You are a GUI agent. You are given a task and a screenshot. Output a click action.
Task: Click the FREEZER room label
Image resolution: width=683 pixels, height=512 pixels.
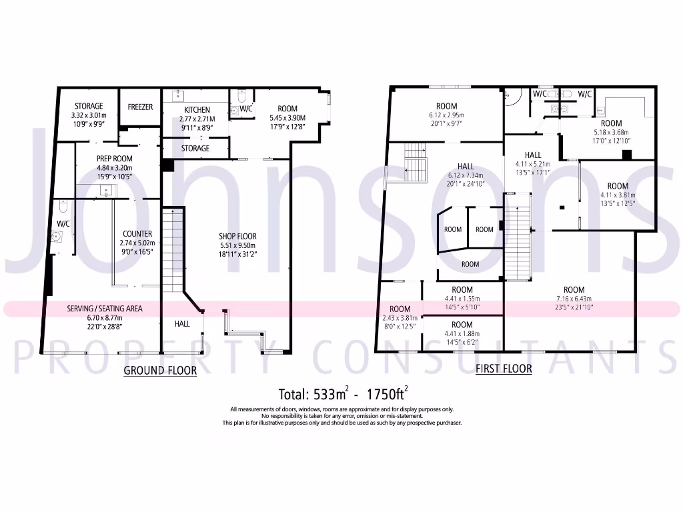[x=140, y=107]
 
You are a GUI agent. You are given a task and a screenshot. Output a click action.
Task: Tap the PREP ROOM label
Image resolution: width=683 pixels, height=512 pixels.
[x=114, y=159]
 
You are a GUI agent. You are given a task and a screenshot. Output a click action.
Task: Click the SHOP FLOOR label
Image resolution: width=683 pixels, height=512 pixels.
[x=237, y=236]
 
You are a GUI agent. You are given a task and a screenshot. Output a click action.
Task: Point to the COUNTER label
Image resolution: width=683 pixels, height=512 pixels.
[x=136, y=234]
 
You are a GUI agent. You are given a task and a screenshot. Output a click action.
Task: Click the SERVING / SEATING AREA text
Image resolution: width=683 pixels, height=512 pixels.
[x=104, y=309]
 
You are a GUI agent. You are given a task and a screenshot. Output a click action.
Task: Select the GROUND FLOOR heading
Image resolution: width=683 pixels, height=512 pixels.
[x=160, y=371]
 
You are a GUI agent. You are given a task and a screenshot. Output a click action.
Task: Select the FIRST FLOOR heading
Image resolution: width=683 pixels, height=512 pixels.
[x=504, y=369]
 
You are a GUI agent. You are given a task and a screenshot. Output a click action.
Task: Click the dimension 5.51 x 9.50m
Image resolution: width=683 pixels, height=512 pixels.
[x=237, y=245]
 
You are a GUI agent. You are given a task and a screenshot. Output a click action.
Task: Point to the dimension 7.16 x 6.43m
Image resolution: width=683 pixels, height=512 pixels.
[x=574, y=299]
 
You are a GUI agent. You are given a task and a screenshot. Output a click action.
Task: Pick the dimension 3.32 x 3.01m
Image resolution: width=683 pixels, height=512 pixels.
[x=88, y=115]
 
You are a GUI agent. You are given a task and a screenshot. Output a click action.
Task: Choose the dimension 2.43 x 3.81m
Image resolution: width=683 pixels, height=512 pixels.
[x=400, y=317]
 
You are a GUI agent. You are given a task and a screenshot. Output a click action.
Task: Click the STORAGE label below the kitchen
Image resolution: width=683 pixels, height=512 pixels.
[x=195, y=148]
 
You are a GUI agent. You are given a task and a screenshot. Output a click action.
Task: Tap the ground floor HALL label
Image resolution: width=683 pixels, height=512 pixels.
[x=182, y=323]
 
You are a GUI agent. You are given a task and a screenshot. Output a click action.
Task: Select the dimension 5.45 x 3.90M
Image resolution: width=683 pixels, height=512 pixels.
[x=287, y=117]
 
